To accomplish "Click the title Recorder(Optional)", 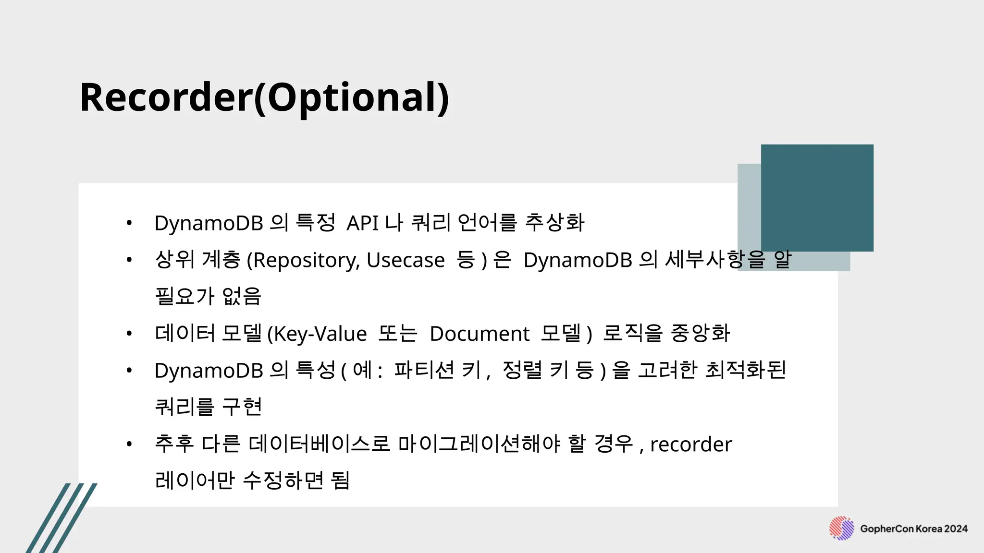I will point(264,97).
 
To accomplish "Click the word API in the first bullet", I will point(362,223).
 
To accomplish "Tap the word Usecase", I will point(406,260).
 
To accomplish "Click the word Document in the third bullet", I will point(479,334).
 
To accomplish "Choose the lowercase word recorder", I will point(691,444).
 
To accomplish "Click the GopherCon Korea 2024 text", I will point(914,529).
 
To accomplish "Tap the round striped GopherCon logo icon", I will point(841,529).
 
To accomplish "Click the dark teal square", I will point(817,198).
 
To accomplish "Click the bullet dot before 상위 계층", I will point(129,260).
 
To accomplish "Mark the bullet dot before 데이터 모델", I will point(129,333).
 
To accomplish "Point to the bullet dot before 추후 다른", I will point(129,444).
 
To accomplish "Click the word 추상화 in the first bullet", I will point(554,222).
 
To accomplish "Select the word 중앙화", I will point(700,333).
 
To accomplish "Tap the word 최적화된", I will point(745,370).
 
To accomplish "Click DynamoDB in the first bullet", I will point(209,223).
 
